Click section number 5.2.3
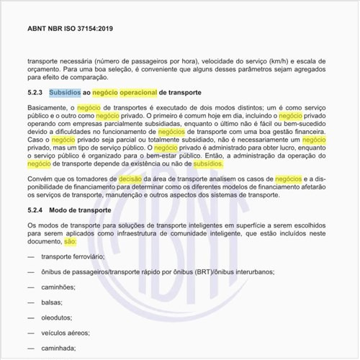coord(36,93)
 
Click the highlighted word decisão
coord(134,178)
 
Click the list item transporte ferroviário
coord(73,256)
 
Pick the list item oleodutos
coord(58,318)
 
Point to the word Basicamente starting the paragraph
coord(49,107)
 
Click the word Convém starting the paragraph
coord(40,178)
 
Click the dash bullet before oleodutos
coord(31,318)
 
